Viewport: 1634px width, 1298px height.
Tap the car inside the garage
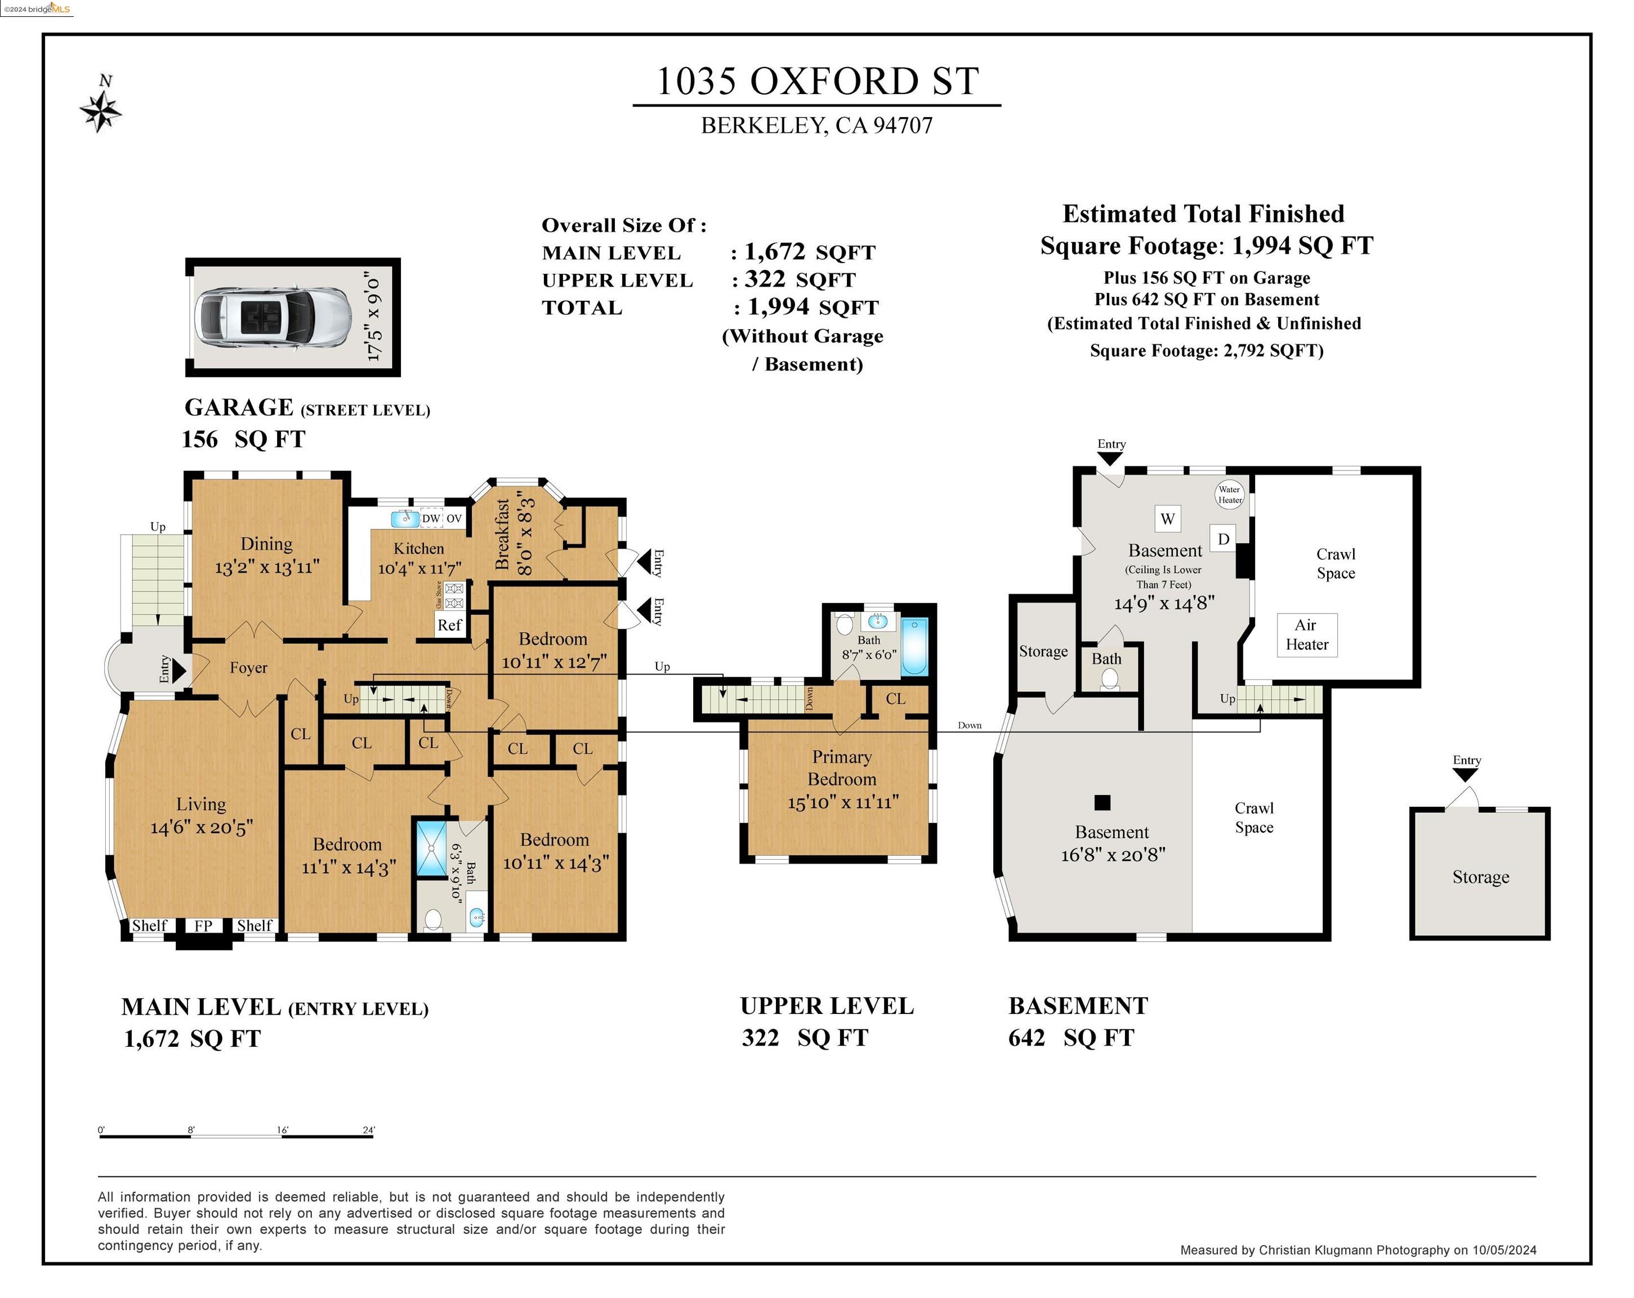click(x=270, y=317)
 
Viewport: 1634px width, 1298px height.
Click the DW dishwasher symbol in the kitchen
click(x=431, y=519)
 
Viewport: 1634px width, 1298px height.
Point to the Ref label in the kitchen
click(x=449, y=625)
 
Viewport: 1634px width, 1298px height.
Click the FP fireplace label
click(x=203, y=926)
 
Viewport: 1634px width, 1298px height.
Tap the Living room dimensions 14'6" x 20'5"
click(x=202, y=827)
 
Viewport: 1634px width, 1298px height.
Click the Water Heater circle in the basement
click(x=1229, y=494)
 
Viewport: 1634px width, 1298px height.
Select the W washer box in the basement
click(x=1167, y=519)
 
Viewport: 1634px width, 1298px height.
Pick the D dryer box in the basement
click(x=1223, y=539)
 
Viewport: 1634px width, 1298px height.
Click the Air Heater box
click(x=1307, y=634)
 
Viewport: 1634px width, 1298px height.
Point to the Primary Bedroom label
click(x=842, y=768)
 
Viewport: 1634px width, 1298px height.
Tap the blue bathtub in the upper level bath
click(x=915, y=647)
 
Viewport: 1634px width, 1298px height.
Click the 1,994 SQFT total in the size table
click(x=812, y=307)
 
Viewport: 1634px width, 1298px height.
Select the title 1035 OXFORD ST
click(x=817, y=81)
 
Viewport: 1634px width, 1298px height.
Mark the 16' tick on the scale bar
click(x=282, y=1135)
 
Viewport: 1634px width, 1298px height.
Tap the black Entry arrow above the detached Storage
click(x=1465, y=775)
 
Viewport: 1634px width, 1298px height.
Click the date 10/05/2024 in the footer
click(x=1504, y=1250)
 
